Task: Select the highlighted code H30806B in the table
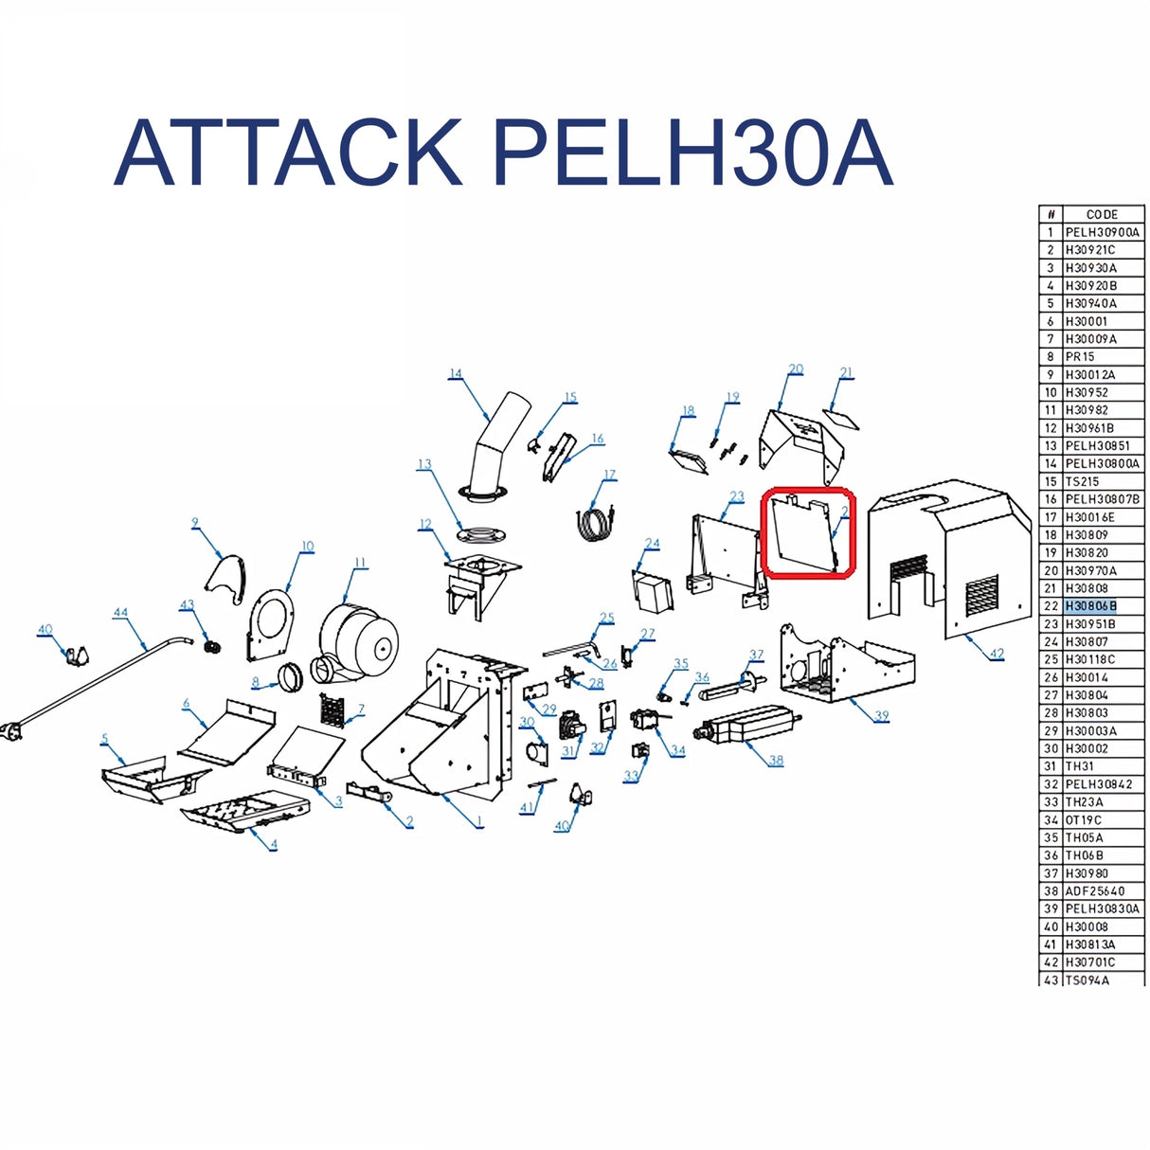click(x=1090, y=606)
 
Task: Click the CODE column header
click(x=1102, y=215)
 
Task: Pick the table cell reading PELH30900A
click(x=1102, y=232)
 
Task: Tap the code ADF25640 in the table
click(x=1094, y=891)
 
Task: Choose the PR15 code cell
click(x=1080, y=357)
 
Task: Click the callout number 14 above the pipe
click(x=456, y=373)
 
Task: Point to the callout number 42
click(x=997, y=654)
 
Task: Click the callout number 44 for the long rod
click(x=120, y=613)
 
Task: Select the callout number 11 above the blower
click(x=360, y=563)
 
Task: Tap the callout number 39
click(x=882, y=716)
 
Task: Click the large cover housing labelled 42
click(x=947, y=559)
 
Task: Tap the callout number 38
click(x=776, y=760)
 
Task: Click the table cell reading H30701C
click(x=1090, y=962)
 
